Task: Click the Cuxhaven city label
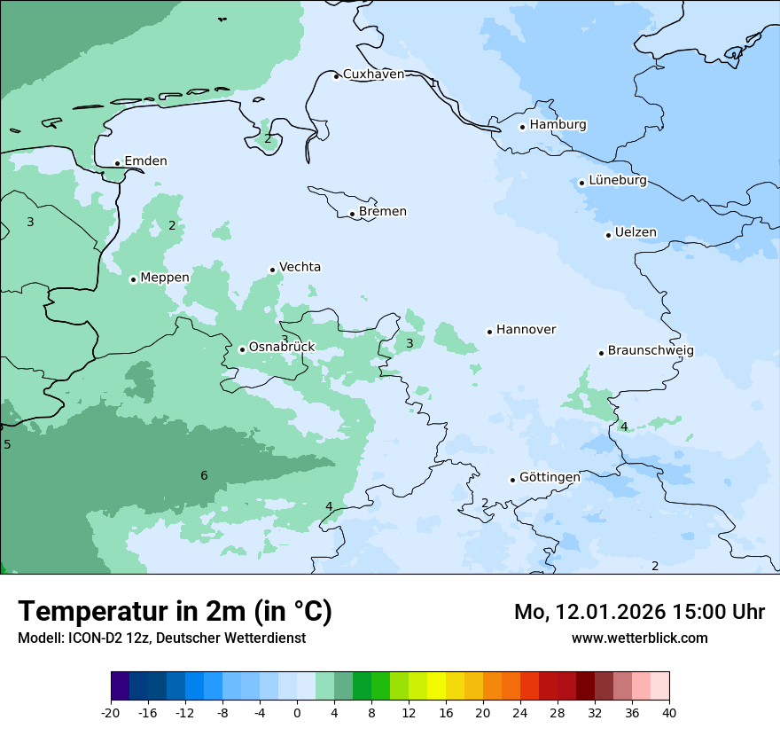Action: [x=373, y=74]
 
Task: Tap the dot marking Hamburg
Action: [x=523, y=127]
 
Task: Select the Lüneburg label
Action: [x=618, y=181]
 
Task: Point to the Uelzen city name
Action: [x=636, y=233]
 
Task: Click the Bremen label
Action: [x=383, y=212]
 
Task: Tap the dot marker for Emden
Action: [x=117, y=163]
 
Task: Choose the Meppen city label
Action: [x=165, y=278]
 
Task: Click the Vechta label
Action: [x=300, y=267]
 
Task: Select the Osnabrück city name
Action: [x=282, y=348]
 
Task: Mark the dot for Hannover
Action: [x=489, y=332]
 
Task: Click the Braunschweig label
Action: [x=651, y=351]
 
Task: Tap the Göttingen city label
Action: [x=550, y=478]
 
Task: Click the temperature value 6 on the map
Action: [x=204, y=476]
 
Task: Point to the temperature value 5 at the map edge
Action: [x=7, y=444]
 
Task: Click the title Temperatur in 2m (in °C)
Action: [x=175, y=612]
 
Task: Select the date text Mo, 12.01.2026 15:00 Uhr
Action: [x=639, y=612]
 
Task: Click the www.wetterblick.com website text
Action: [x=639, y=638]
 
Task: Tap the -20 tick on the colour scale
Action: [x=111, y=713]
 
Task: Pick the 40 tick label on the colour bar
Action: [x=669, y=713]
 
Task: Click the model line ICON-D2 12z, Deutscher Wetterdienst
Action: [x=161, y=638]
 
